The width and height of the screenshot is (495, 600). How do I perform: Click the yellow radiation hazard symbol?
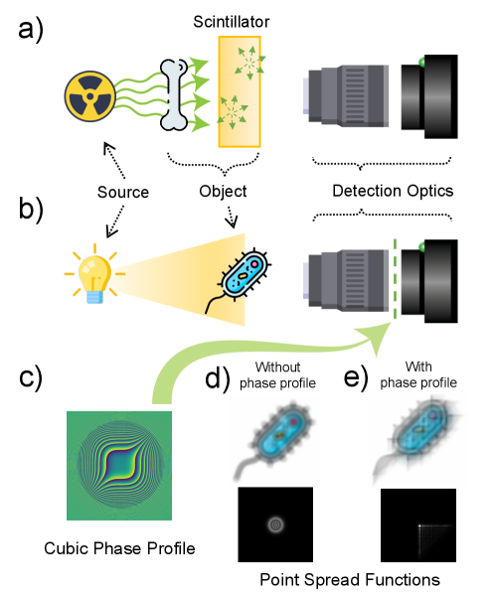pyautogui.click(x=89, y=96)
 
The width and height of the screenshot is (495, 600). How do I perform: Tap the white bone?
pyautogui.click(x=175, y=95)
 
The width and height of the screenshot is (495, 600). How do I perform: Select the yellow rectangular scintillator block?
pyautogui.click(x=240, y=91)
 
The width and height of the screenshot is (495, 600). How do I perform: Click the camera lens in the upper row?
pyautogui.click(x=348, y=95)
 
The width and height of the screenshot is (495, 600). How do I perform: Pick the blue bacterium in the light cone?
pyautogui.click(x=244, y=275)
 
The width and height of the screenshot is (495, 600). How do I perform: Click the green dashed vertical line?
pyautogui.click(x=395, y=279)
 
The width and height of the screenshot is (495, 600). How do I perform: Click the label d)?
pyautogui.click(x=217, y=378)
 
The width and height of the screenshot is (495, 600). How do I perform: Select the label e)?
pyautogui.click(x=356, y=377)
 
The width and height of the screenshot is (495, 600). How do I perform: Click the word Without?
pyautogui.click(x=277, y=367)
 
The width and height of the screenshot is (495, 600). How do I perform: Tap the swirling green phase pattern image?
pyautogui.click(x=119, y=465)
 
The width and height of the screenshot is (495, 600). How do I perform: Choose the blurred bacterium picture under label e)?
pyautogui.click(x=417, y=439)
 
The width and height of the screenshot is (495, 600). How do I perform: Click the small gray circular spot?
pyautogui.click(x=275, y=525)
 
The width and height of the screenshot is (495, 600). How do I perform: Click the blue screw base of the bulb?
pyautogui.click(x=94, y=295)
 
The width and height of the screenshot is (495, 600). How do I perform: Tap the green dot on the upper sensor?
pyautogui.click(x=422, y=63)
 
